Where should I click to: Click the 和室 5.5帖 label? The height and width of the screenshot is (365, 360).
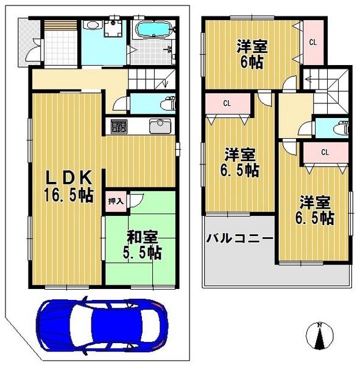144,243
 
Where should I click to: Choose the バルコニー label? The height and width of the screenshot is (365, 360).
239,238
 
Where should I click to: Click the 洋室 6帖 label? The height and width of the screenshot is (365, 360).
250,53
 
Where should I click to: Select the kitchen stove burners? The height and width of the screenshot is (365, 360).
118,127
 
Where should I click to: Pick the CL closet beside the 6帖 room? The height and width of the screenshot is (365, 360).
312,43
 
